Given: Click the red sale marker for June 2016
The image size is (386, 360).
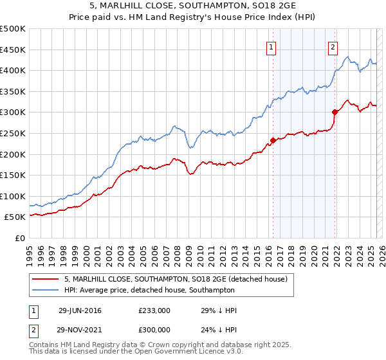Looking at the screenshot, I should tap(273, 140).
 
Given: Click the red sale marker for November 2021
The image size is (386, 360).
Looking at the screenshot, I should tap(335, 112).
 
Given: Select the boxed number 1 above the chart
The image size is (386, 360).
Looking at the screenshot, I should tap(271, 46).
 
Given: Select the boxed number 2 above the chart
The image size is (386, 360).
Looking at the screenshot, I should tap(333, 46).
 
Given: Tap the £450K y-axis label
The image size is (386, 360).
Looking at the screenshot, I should tap(13, 50).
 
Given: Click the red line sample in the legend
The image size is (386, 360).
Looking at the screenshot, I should tap(44, 279).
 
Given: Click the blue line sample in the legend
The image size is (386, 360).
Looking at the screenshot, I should tap(44, 291).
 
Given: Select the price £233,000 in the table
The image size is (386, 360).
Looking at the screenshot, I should tap(154, 310).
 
